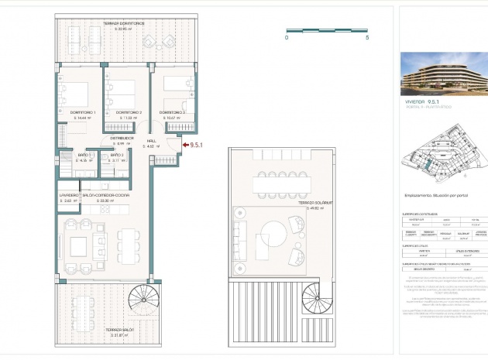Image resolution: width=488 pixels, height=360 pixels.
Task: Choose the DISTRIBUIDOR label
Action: tap(120, 139)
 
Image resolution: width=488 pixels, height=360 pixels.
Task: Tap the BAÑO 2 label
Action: tap(117, 156)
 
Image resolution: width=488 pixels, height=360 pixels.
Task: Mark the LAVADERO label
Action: tap(69, 195)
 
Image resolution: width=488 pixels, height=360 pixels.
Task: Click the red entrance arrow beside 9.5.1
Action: tap(183, 143)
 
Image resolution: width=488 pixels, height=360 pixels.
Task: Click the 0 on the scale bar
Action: tap(287, 37)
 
